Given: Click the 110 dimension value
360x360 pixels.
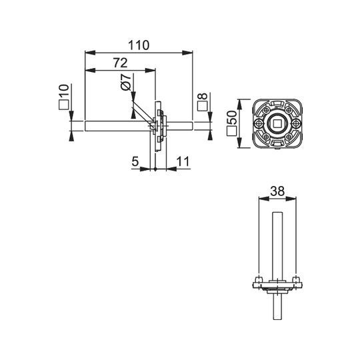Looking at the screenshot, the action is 139,45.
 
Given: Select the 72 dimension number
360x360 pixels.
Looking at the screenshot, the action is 120,63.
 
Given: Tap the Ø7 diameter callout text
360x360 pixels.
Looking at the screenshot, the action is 126,82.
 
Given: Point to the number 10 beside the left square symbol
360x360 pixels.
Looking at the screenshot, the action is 64,91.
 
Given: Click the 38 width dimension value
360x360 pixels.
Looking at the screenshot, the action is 277,191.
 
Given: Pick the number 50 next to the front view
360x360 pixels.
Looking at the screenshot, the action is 231,117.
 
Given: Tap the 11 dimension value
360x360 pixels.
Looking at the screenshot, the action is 183,161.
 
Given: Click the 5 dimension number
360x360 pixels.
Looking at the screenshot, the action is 135,161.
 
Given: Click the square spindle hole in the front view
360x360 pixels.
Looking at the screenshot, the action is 277,123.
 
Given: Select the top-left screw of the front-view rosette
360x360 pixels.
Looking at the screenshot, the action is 266,110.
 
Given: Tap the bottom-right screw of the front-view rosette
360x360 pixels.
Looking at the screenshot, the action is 289,137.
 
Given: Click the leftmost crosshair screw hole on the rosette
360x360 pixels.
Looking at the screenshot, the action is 259,124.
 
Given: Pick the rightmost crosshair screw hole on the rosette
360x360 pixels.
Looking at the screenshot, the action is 296,124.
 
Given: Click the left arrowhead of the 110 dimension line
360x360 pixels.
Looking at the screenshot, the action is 90,53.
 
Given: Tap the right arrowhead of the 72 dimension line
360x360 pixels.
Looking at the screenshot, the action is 151,71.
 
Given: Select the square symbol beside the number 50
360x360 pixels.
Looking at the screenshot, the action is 231,131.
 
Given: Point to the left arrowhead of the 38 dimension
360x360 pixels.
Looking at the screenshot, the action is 264,199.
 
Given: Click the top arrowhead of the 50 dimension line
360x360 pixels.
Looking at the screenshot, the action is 239,105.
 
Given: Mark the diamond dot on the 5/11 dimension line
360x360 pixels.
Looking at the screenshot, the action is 155,169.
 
